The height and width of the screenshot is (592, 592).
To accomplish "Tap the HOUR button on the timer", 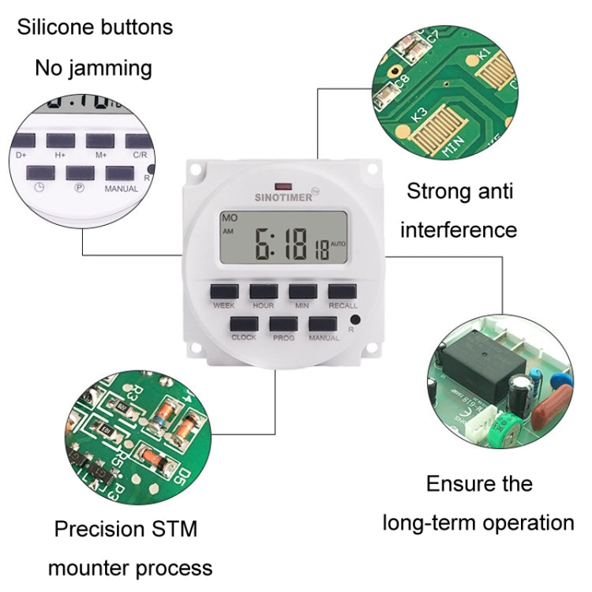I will [263, 290].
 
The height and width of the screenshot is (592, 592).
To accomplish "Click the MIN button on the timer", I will [302, 290].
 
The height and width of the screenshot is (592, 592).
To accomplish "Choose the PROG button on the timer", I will [283, 324].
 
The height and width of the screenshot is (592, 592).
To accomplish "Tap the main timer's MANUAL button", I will [322, 324].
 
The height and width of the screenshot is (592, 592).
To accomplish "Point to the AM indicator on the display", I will [228, 231].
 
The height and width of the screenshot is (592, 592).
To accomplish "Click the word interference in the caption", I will [458, 230].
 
